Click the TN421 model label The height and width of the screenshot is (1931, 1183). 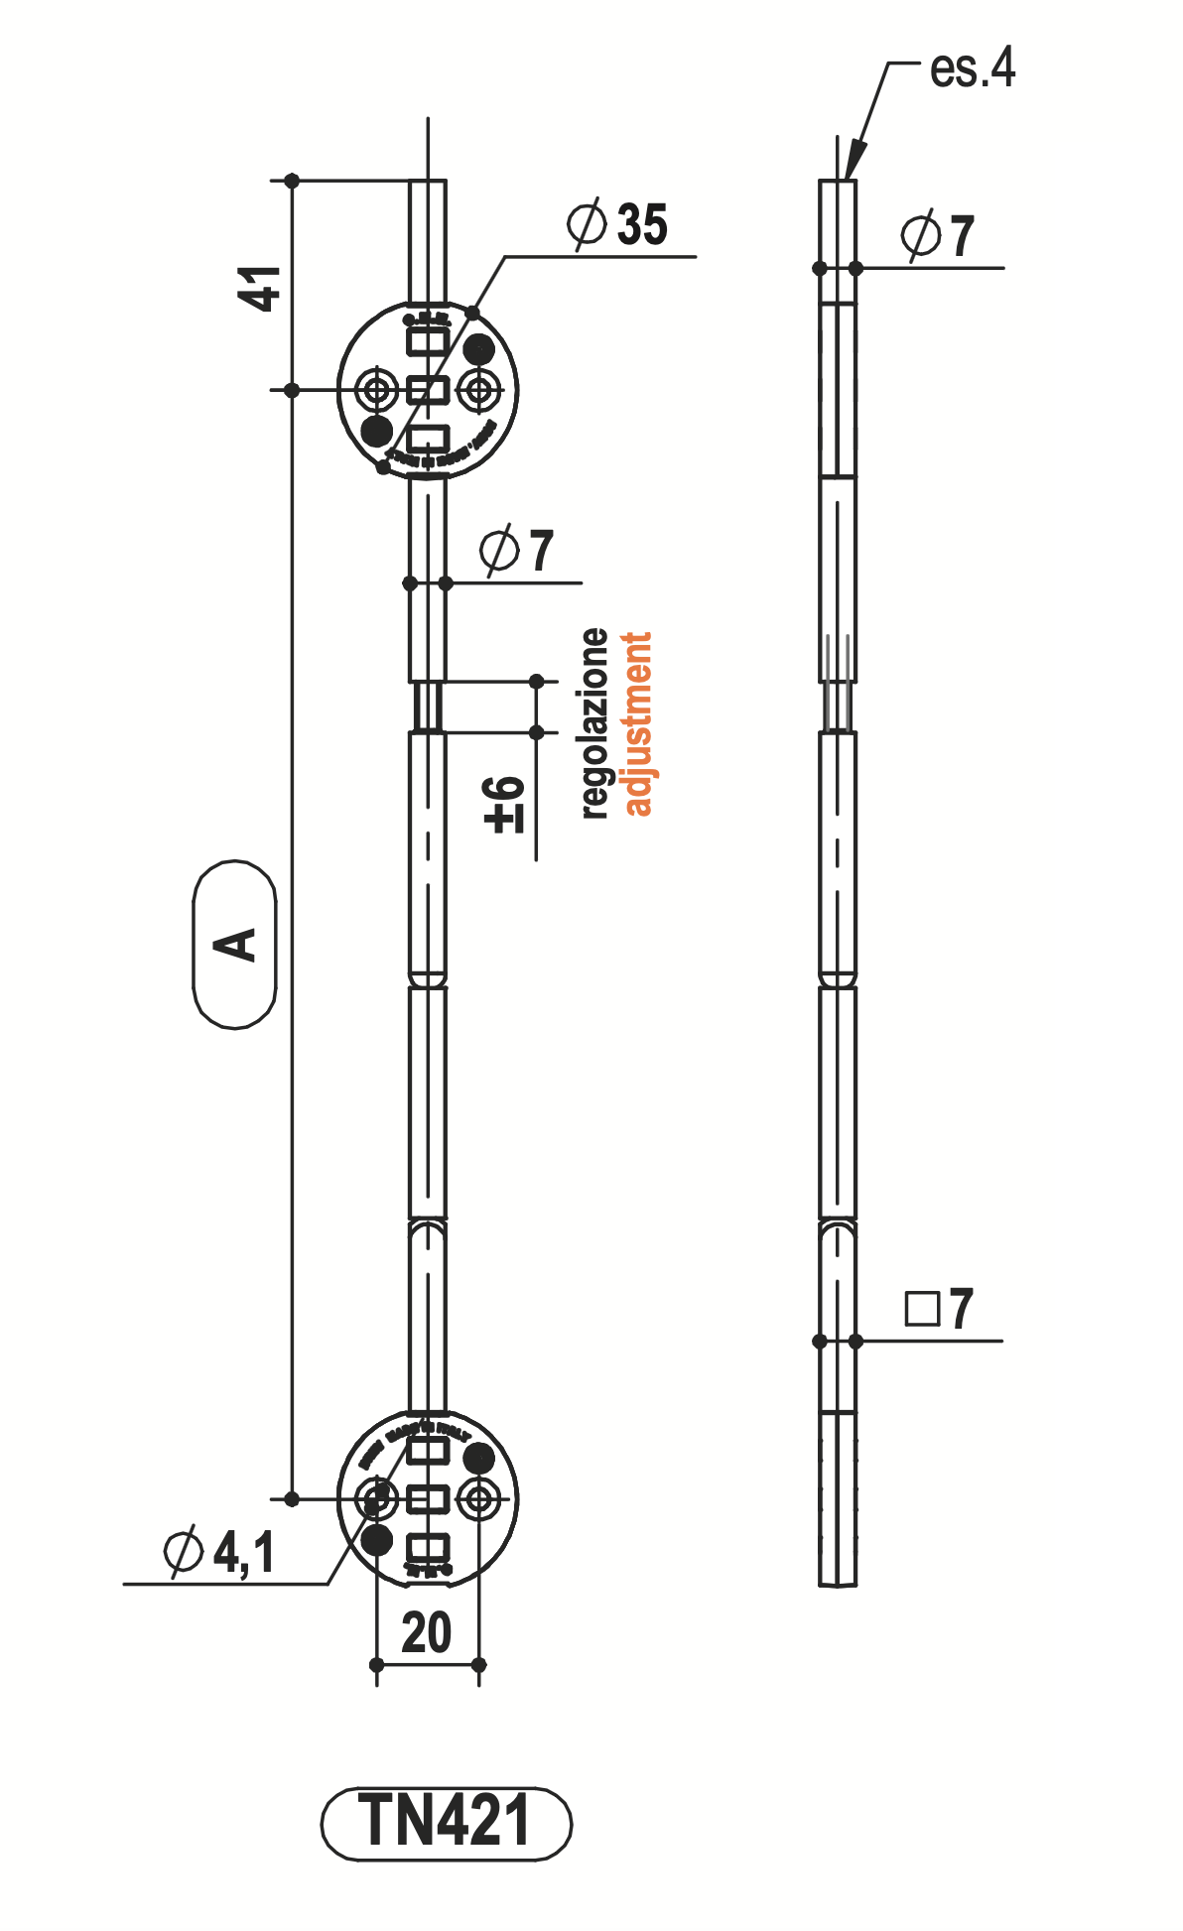click(446, 1822)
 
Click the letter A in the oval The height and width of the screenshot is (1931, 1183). click(235, 945)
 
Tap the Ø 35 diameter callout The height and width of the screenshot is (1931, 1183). click(617, 224)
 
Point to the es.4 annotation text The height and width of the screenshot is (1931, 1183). click(972, 68)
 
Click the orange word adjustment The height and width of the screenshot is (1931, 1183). click(637, 723)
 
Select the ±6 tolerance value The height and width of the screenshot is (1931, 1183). click(504, 804)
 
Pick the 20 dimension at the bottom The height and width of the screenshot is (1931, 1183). click(427, 1632)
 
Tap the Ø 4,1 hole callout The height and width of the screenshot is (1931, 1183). click(219, 1551)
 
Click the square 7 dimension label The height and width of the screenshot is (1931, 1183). click(939, 1309)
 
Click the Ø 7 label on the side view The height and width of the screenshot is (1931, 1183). click(937, 235)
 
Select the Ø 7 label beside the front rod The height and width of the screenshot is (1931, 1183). click(516, 550)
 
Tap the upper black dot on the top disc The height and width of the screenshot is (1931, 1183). click(478, 349)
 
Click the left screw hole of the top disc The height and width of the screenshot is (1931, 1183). click(377, 389)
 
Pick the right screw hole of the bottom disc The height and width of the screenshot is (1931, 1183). click(479, 1497)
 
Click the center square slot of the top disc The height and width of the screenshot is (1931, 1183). click(428, 389)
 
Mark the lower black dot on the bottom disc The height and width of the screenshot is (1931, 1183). click(377, 1539)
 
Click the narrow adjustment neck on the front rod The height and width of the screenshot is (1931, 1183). click(428, 707)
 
